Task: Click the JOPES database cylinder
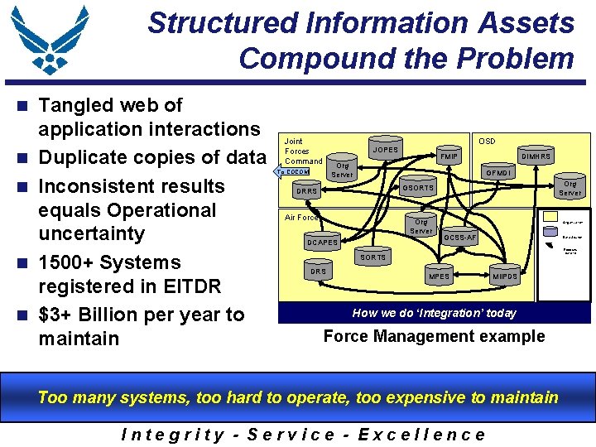(x=385, y=149)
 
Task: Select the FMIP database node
(x=449, y=156)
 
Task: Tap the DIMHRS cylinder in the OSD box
(x=535, y=156)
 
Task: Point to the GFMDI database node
(x=498, y=173)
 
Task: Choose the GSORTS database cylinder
(x=418, y=188)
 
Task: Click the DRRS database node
(x=307, y=191)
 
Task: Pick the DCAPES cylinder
(x=323, y=243)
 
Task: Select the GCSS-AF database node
(x=460, y=238)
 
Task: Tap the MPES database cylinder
(x=439, y=276)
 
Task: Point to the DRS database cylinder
(x=318, y=271)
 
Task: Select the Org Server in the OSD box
(x=570, y=188)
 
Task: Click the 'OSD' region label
(x=487, y=142)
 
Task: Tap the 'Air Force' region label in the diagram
(x=301, y=218)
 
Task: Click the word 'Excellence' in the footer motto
(x=422, y=434)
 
